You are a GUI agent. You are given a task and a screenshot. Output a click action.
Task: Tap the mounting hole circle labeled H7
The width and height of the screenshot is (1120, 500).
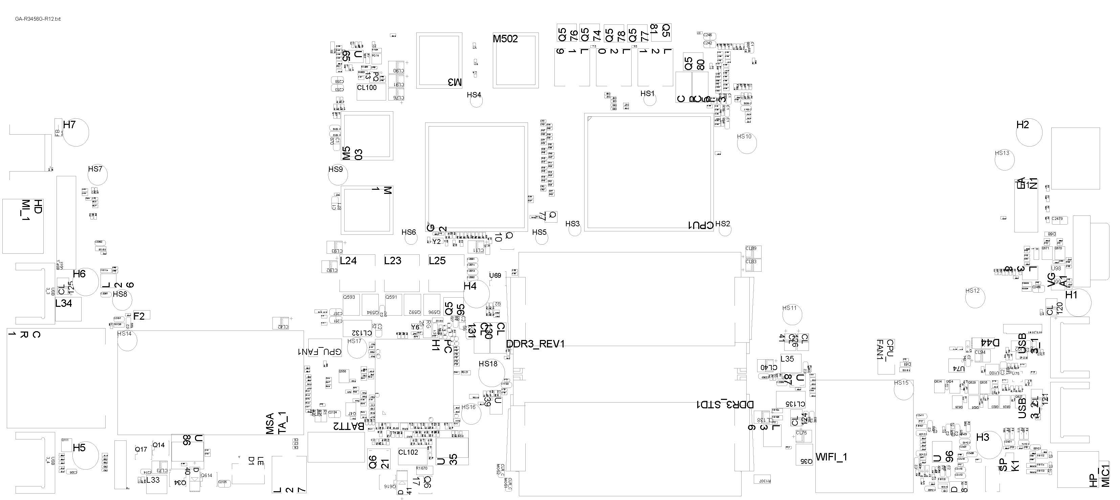coord(76,133)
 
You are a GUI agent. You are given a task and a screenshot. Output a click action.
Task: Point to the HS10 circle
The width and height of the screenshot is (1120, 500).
coord(747,143)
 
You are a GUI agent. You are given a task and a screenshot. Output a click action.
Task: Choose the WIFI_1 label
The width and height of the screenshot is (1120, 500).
coord(831,457)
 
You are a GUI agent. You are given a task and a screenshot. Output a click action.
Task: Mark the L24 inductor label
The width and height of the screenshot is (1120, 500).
coord(348,260)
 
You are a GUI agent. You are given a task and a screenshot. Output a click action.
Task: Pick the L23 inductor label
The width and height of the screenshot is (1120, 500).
coord(393,260)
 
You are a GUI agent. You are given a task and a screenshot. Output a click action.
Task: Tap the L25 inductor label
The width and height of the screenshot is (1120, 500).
coord(437,260)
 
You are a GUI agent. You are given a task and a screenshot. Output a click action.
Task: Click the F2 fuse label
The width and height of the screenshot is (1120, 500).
coord(139,317)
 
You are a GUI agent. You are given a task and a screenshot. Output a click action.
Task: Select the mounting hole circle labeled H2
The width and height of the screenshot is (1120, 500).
coord(1029,133)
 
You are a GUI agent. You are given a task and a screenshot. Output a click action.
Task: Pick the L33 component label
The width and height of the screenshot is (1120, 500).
coord(153,480)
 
